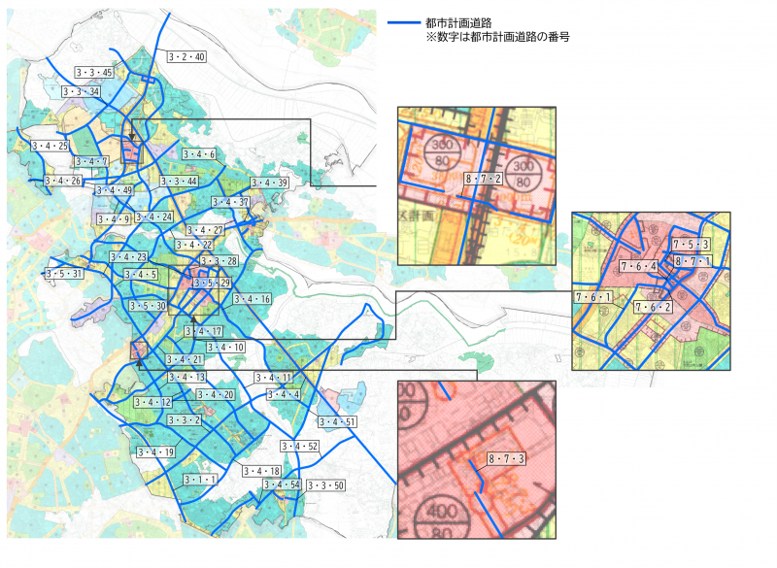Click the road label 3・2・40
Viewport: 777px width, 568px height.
[x=186, y=57]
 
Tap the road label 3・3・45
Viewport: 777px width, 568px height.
[x=94, y=73]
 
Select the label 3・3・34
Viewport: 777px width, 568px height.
[x=81, y=92]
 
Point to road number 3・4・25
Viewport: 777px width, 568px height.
[x=50, y=146]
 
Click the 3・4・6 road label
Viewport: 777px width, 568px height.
[x=197, y=154]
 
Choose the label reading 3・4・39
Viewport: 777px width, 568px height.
[x=269, y=184]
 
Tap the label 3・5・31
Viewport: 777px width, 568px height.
[x=64, y=275]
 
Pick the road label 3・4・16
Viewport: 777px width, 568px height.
[x=252, y=299]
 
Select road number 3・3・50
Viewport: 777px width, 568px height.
[x=325, y=484]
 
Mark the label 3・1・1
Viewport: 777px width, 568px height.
[x=199, y=480]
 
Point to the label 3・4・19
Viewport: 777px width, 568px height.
[x=154, y=452]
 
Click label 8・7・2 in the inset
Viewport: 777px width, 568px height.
[x=483, y=179]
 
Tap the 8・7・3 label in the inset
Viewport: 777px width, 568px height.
[x=505, y=458]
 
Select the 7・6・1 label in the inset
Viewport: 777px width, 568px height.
[x=593, y=297]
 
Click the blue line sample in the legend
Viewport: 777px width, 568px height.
[x=402, y=22]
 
